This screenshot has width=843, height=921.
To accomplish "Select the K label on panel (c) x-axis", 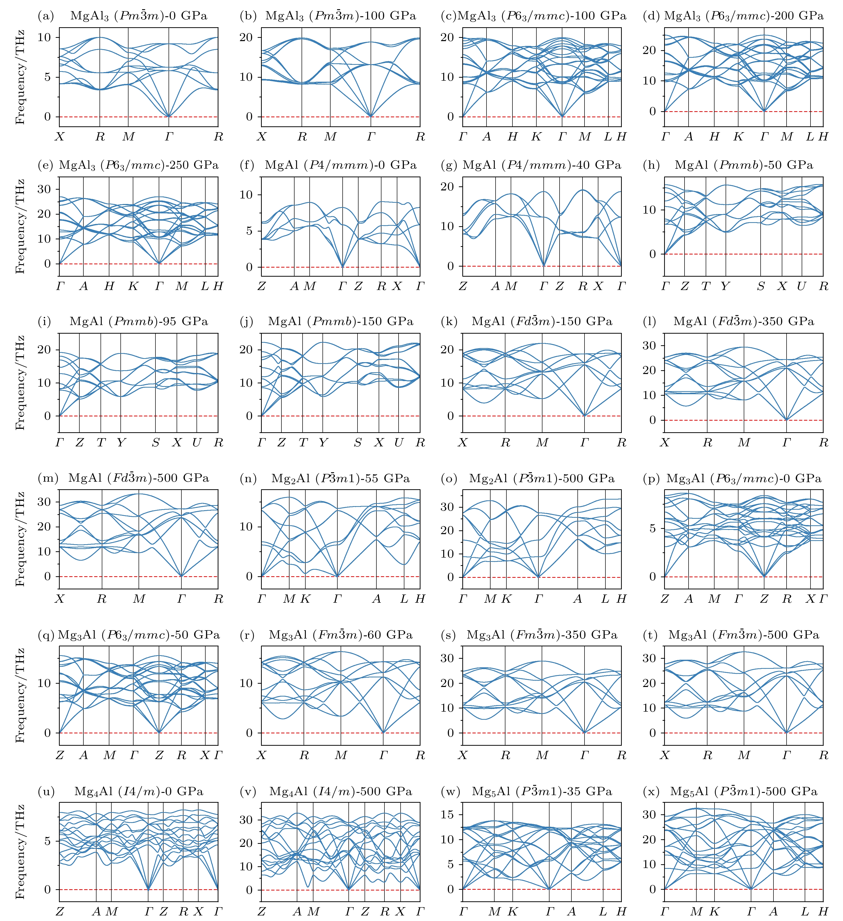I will [537, 137].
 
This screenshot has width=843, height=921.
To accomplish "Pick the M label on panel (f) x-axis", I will [310, 286].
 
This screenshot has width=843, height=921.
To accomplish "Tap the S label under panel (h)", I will [760, 286].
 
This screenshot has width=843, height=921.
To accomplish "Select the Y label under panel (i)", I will [120, 443].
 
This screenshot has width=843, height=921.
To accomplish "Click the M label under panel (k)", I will [542, 443].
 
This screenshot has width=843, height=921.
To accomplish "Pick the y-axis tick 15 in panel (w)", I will [449, 815].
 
